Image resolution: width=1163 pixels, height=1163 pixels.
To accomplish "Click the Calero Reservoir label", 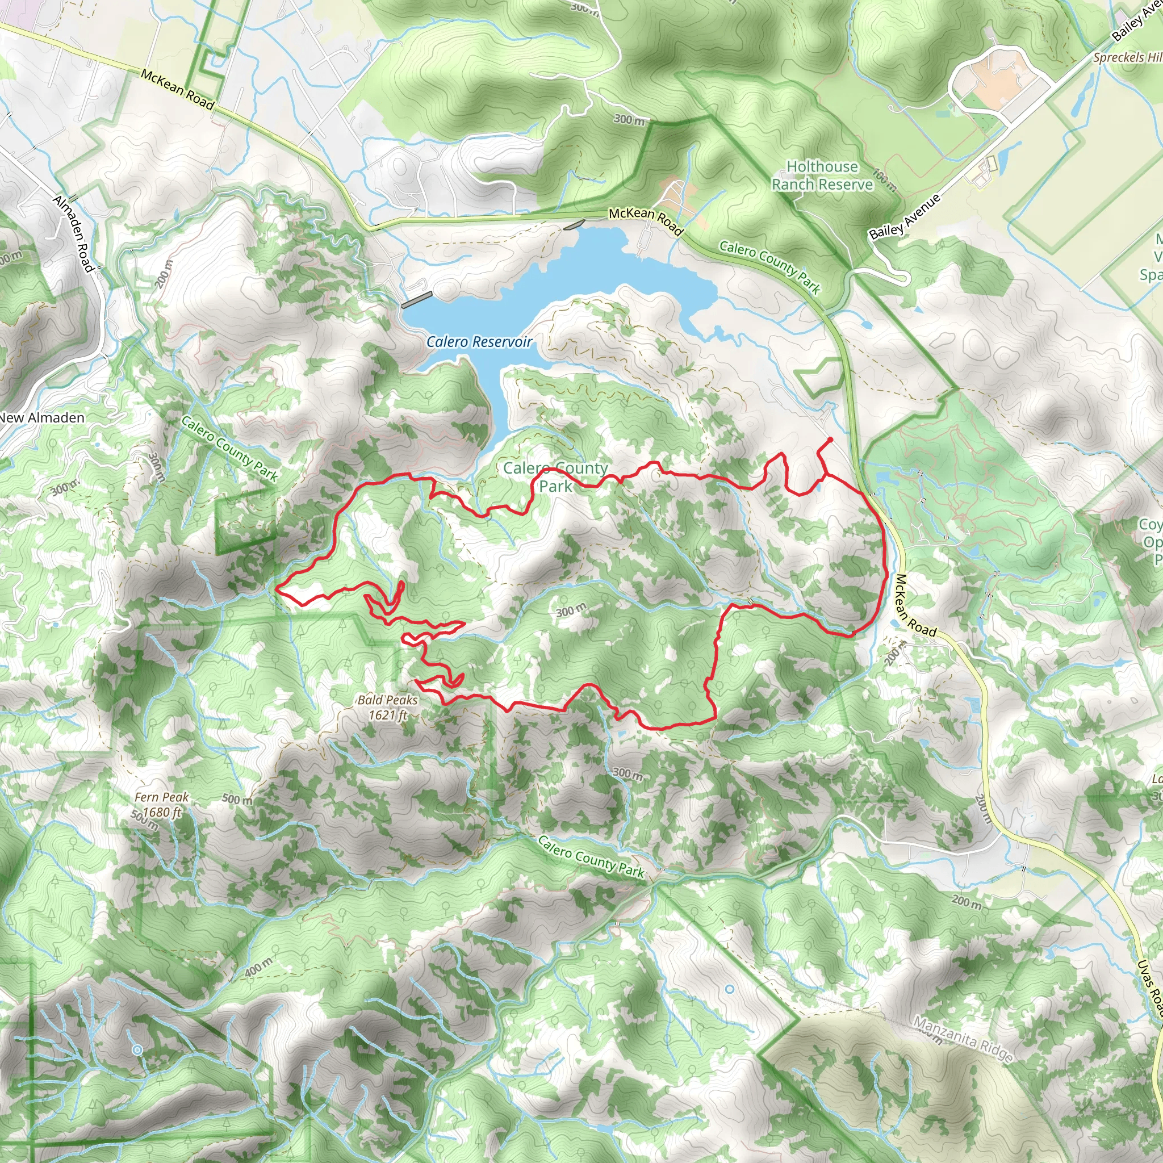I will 479,342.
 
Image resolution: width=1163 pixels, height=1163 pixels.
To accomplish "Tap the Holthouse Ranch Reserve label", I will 822,175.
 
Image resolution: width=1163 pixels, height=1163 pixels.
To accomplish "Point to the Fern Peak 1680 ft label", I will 161,804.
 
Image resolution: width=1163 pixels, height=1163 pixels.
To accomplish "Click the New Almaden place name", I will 42,417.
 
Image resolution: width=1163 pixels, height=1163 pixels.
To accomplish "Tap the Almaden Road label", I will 74,233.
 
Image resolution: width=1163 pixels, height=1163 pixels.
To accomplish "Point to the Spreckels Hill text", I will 1126,57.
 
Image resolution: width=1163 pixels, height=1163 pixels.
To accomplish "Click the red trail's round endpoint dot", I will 830,440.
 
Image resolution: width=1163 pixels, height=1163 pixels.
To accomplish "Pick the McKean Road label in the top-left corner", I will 178,90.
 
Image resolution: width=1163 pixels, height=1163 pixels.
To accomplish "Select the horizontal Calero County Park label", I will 555,476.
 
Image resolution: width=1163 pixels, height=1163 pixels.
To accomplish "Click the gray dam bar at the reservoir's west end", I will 417,300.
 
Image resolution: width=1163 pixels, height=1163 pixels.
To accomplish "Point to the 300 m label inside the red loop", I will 570,611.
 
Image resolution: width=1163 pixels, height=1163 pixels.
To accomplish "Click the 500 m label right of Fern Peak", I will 237,800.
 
